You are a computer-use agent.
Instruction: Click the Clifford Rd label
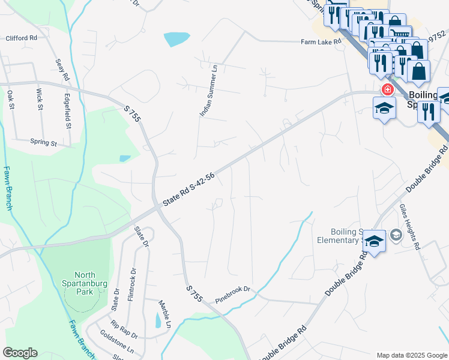[21, 38]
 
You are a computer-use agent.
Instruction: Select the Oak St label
[10, 98]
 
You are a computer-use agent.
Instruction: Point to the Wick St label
[40, 100]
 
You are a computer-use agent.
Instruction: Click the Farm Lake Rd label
[321, 42]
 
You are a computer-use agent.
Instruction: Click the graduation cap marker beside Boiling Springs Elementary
[374, 242]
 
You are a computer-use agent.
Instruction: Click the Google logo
[20, 353]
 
